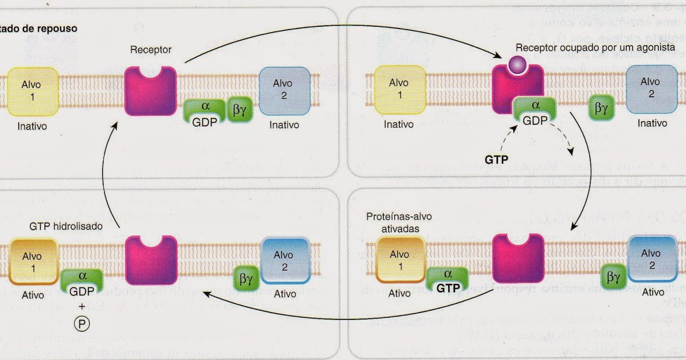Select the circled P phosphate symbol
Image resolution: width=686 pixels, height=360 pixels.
[x=82, y=322]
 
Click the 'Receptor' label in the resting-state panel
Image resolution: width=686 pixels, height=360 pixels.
[x=150, y=50]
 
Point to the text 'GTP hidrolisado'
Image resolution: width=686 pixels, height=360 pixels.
[x=66, y=226]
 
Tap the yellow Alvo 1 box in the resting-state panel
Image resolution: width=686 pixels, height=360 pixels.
[x=33, y=91]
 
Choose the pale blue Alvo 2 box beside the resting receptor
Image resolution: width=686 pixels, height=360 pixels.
[x=285, y=91]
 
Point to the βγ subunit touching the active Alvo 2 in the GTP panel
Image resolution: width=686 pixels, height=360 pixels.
[x=614, y=278]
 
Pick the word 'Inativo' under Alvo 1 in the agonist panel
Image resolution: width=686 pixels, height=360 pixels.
[x=398, y=124]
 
